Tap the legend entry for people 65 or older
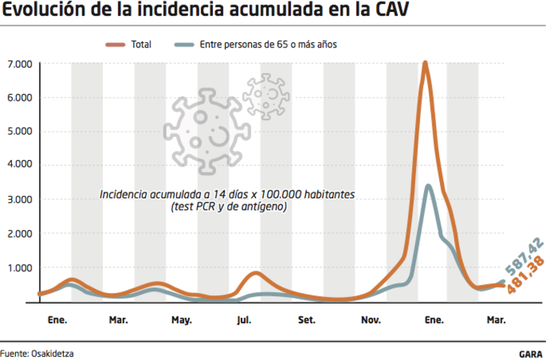click(x=256, y=44)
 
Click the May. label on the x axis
click(x=181, y=320)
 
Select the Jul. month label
click(x=244, y=320)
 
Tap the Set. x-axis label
click(x=307, y=320)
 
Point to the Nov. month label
click(x=371, y=320)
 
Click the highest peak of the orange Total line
click(x=426, y=63)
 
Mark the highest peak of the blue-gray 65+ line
click(x=428, y=186)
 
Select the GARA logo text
click(x=531, y=352)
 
